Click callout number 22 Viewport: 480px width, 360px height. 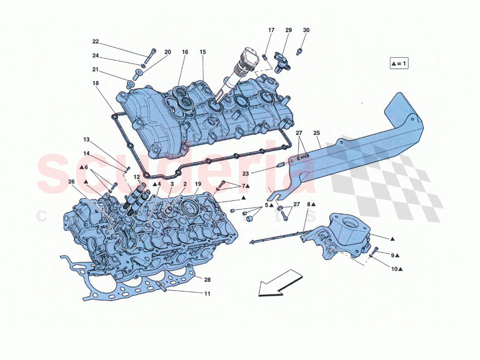(96, 42)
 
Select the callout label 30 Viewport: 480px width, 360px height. (306, 30)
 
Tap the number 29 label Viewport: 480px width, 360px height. (288, 30)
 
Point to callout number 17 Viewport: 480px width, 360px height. (271, 30)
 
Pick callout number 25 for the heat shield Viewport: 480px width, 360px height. (316, 133)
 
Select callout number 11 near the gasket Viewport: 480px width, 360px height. (207, 294)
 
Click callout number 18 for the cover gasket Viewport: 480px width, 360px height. (96, 83)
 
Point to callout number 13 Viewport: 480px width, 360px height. (86, 140)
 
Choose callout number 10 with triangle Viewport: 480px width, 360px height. (396, 269)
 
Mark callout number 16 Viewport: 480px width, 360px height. (185, 52)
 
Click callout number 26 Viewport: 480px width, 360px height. (71, 182)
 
